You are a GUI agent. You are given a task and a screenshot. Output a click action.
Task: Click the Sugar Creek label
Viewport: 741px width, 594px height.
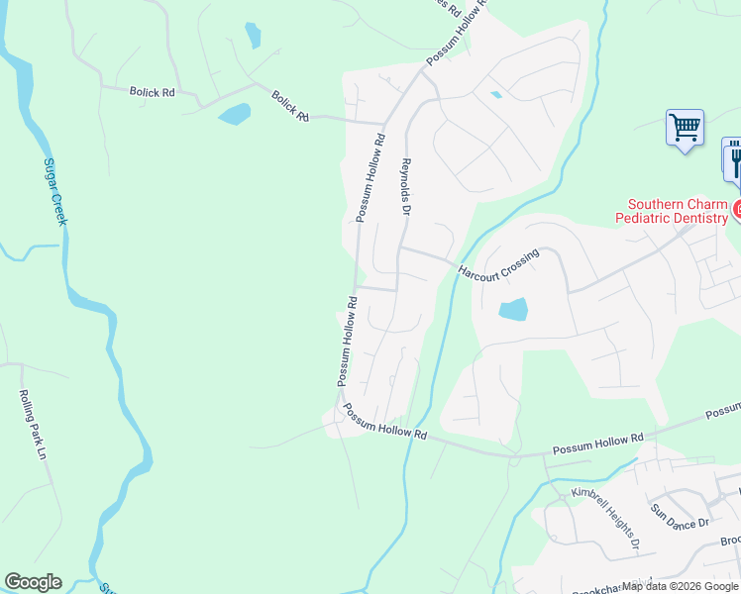(54, 191)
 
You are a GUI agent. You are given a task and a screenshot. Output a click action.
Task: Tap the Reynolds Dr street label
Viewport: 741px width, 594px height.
(405, 184)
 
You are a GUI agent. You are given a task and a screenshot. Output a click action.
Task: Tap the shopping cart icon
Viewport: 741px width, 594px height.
(685, 128)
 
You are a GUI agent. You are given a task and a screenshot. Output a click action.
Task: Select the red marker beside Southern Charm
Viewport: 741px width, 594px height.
(736, 209)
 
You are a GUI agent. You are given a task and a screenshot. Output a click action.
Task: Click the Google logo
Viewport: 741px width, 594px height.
(33, 582)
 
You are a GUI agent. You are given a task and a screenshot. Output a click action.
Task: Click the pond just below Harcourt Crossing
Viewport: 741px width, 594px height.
(513, 310)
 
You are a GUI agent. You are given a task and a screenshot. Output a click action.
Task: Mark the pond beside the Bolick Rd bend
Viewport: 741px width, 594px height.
(235, 114)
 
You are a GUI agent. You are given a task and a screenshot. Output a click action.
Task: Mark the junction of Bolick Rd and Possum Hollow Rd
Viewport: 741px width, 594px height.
(383, 123)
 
